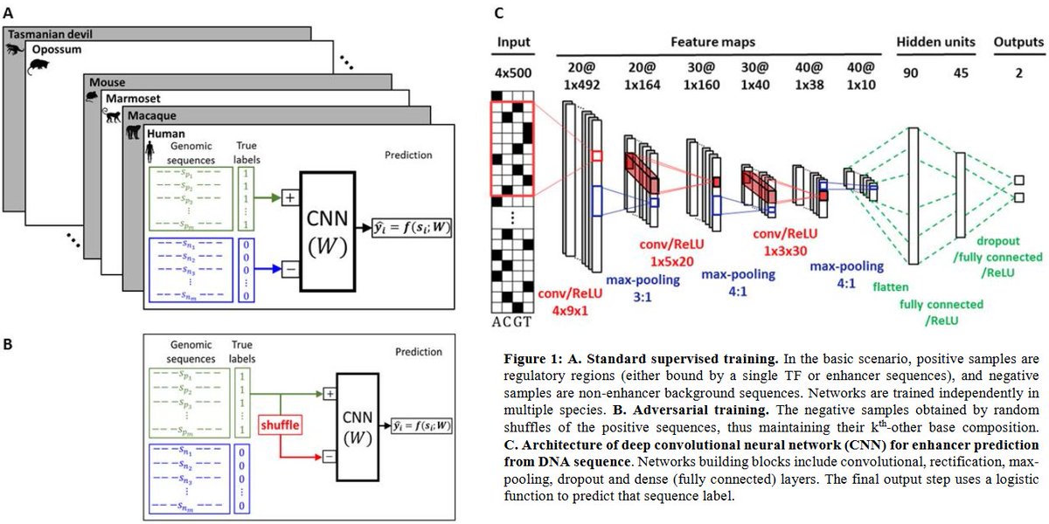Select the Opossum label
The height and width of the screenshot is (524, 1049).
click(x=57, y=51)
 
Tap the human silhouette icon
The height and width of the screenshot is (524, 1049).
click(x=149, y=152)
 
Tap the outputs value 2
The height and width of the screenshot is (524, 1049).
click(x=1018, y=73)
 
